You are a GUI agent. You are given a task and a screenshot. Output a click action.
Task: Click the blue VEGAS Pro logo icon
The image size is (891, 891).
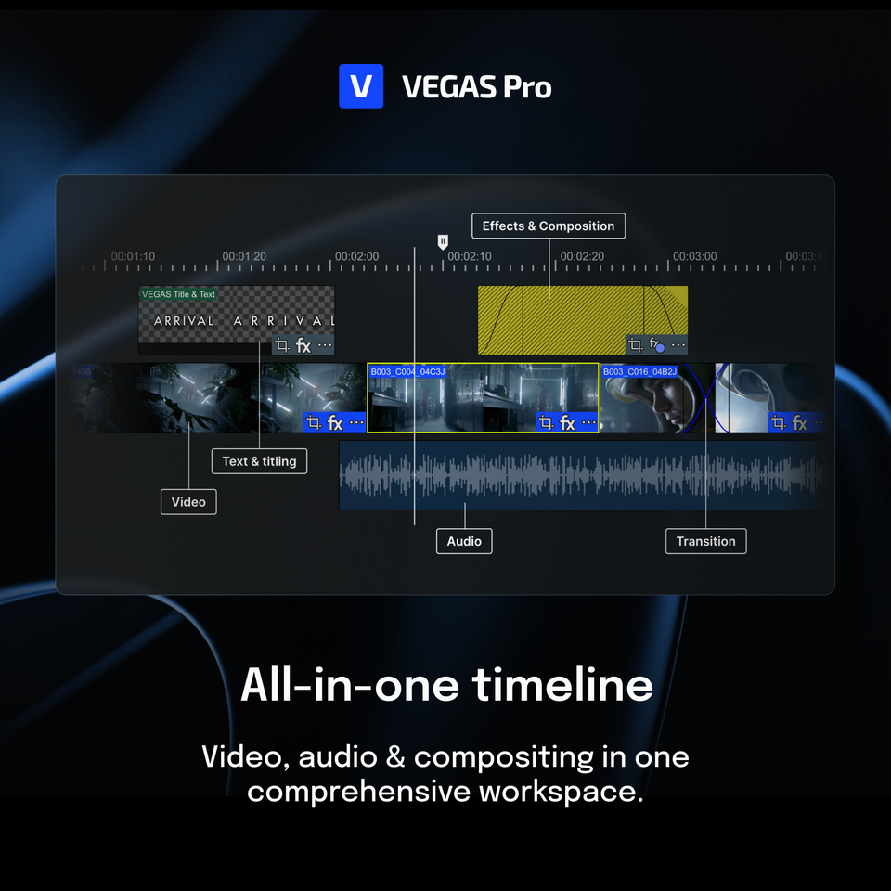coord(361,86)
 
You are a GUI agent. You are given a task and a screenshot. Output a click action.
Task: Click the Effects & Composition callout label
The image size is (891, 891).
coord(549,226)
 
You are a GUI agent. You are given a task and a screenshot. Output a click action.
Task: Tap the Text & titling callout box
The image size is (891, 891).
coord(259,461)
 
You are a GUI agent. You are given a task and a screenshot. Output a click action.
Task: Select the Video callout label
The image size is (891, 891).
coord(188,502)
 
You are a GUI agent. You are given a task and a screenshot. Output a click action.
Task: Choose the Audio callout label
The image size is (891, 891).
coord(464,541)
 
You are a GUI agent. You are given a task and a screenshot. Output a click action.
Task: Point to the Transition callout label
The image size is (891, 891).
coord(705,541)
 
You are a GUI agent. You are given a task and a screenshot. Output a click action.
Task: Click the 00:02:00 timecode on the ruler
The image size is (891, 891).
coord(357,256)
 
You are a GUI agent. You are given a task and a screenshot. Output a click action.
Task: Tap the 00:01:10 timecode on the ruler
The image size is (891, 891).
coord(133,256)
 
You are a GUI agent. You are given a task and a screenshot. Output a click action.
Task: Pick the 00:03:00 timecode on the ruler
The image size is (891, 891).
coord(694,256)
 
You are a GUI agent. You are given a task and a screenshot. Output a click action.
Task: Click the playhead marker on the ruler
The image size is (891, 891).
coord(443,241)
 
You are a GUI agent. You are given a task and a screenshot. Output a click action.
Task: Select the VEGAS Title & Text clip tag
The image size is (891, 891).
coord(178,294)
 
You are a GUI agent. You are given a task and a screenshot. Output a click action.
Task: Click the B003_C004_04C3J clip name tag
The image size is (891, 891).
coord(407,372)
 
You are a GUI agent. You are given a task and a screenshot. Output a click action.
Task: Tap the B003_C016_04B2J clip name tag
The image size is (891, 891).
coord(639,372)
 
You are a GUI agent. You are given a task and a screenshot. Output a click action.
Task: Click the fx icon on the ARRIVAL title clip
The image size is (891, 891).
coord(303,346)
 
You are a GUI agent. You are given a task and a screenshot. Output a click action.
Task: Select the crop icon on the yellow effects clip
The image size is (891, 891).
coord(635,345)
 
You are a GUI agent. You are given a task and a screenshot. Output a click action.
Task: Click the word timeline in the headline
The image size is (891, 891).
coord(562,685)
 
